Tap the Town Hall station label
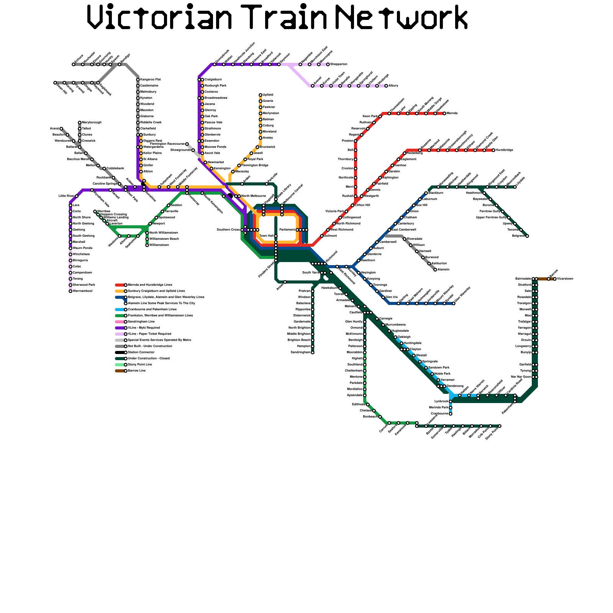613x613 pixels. [x=266, y=236]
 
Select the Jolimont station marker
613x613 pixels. [x=322, y=236]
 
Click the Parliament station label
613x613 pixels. [x=287, y=230]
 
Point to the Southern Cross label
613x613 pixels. [x=228, y=230]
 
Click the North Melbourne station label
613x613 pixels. [x=253, y=196]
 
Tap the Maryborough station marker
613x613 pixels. [x=80, y=123]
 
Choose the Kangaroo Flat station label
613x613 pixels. [x=150, y=80]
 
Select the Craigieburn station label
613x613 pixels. [x=213, y=80]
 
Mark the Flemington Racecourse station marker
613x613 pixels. [x=187, y=144]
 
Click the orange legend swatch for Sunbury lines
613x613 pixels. [x=120, y=291]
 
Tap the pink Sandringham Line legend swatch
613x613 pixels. [x=120, y=322]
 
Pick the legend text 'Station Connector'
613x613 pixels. [x=141, y=352]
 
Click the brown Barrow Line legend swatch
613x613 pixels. [x=120, y=371]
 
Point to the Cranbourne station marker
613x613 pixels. [x=451, y=414]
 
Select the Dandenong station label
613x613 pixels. [x=455, y=386]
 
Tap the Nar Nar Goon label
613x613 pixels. [x=521, y=377]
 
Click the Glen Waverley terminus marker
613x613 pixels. [x=454, y=303]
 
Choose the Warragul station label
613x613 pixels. [x=524, y=334]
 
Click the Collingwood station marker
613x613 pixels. [x=340, y=218]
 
